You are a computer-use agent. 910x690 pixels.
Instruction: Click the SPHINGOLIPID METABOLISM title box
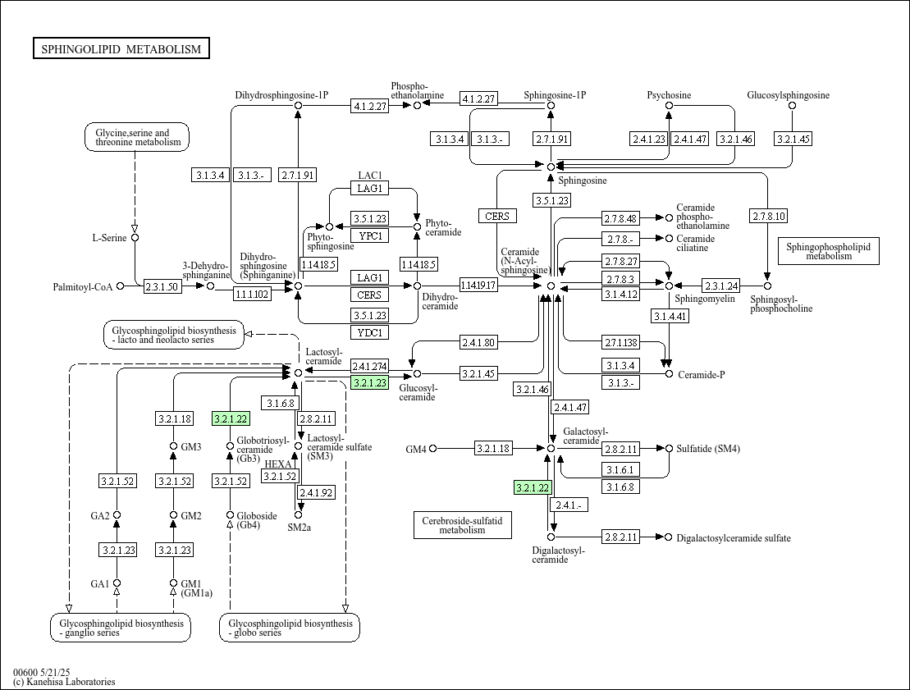tap(121, 48)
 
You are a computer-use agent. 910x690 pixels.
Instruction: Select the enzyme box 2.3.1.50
tap(162, 286)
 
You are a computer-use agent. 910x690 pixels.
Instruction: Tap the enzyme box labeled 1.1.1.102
tap(252, 294)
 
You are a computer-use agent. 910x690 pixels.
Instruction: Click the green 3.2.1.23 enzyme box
tap(370, 382)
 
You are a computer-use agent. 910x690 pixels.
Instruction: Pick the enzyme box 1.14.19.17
tap(478, 285)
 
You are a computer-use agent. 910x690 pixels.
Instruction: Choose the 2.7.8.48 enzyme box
tap(620, 218)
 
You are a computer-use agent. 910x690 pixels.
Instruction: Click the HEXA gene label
tap(278, 464)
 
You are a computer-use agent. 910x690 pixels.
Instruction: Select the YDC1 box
tap(370, 332)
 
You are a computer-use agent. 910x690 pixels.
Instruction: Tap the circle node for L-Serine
tap(135, 237)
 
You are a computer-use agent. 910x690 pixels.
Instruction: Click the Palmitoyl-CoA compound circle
tap(120, 286)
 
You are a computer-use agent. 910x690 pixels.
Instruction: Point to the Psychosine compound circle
tap(669, 106)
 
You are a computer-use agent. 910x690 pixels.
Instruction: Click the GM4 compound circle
tap(433, 449)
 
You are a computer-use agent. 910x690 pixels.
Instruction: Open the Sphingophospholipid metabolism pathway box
tap(828, 251)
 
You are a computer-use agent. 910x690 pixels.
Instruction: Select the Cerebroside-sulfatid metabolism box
tap(463, 524)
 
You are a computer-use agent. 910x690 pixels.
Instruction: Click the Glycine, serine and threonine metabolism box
tap(138, 137)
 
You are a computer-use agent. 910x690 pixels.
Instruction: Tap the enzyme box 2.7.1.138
tap(620, 342)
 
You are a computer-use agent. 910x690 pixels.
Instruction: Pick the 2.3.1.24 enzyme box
tap(720, 286)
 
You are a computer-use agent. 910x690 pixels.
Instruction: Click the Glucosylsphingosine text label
tap(788, 95)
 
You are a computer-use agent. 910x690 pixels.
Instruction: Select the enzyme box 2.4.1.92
tap(316, 493)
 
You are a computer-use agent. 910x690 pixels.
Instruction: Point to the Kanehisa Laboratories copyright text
tap(65, 682)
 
